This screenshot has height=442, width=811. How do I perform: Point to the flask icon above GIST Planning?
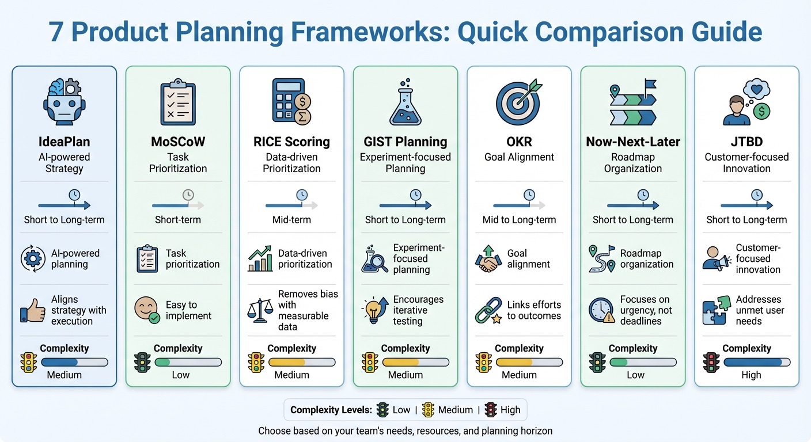click(405, 103)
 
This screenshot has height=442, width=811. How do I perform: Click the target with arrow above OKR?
click(519, 103)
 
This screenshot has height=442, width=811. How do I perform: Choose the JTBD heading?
click(746, 142)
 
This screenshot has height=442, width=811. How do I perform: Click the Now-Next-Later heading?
click(632, 142)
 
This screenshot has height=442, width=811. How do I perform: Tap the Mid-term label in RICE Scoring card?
click(291, 220)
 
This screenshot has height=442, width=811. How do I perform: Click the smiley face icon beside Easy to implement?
click(146, 310)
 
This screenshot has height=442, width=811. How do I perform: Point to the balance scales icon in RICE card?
click(259, 310)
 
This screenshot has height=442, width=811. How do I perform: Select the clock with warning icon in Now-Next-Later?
click(601, 310)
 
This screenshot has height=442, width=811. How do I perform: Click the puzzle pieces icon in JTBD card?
click(715, 310)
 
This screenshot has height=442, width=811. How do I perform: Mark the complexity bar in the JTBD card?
click(757, 362)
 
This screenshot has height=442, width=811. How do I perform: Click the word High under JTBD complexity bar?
click(751, 375)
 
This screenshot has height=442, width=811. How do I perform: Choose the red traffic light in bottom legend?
click(491, 410)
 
